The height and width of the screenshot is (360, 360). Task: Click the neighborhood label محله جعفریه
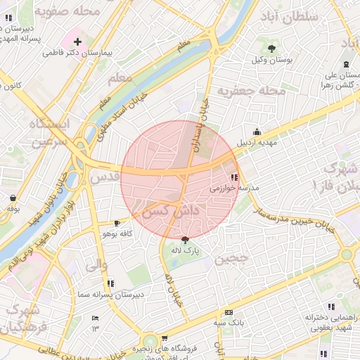[x=251, y=91]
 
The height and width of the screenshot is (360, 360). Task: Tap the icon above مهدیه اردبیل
[x=257, y=131]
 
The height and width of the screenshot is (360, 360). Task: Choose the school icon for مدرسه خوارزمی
[x=234, y=177]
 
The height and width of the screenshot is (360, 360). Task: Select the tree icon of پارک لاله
[x=184, y=239]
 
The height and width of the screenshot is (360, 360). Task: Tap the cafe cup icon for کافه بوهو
[x=117, y=222]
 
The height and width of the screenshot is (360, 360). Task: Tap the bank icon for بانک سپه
[x=228, y=312]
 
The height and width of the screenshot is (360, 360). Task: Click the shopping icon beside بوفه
[x=14, y=197]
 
